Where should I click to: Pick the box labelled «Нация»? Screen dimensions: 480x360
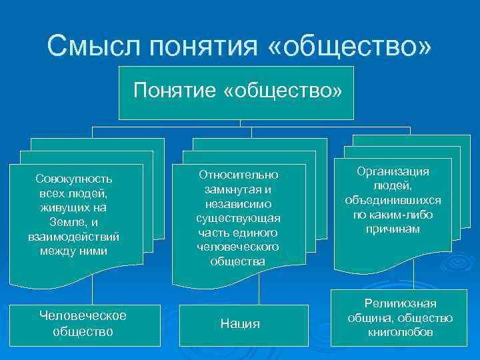click(x=240, y=325)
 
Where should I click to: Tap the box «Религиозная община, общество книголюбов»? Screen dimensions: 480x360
click(x=400, y=318)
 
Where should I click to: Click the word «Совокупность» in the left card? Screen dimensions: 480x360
click(x=75, y=179)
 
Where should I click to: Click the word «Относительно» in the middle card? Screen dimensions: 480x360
click(x=238, y=175)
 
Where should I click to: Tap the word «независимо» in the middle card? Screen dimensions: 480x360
click(x=238, y=204)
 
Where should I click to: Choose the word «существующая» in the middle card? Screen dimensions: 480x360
click(x=238, y=218)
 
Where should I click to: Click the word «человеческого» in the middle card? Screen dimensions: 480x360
click(x=238, y=247)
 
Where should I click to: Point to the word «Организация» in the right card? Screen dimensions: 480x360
click(x=393, y=171)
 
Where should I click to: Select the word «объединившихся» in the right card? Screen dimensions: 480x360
click(x=393, y=201)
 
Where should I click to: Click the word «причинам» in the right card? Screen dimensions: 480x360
click(x=393, y=229)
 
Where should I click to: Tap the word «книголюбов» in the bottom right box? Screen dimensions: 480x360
click(x=400, y=332)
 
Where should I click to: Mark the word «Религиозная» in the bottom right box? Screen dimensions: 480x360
click(x=400, y=304)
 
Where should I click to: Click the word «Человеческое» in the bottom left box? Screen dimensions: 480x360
click(x=83, y=315)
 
